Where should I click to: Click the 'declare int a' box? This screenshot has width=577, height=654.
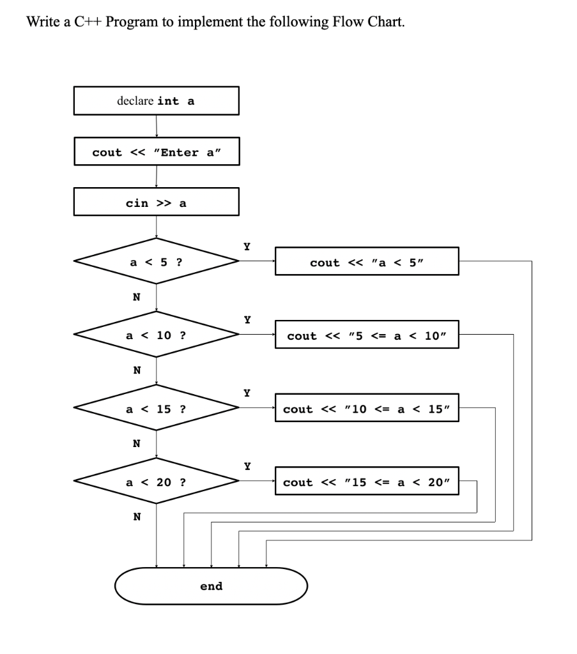[x=157, y=101]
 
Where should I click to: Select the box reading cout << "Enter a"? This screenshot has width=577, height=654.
[x=157, y=152]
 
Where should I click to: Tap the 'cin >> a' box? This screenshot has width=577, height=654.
[x=157, y=203]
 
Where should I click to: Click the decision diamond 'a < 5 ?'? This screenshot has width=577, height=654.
[x=157, y=262]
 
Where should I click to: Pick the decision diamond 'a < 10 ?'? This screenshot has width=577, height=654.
[x=157, y=335]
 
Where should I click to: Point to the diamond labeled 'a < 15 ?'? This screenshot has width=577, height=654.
[x=157, y=409]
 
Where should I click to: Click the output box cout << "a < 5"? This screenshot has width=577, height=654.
[x=367, y=262]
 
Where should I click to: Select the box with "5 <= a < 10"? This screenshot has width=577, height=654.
[x=367, y=335]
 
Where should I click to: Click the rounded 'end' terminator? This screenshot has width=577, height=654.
[x=211, y=586]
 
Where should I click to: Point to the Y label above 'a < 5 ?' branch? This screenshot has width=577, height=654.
[x=247, y=246]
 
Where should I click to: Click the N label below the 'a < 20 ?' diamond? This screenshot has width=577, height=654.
[x=136, y=517]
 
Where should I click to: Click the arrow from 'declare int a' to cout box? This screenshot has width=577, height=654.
[x=157, y=126]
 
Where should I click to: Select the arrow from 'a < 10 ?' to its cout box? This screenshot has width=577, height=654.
[x=257, y=334]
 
